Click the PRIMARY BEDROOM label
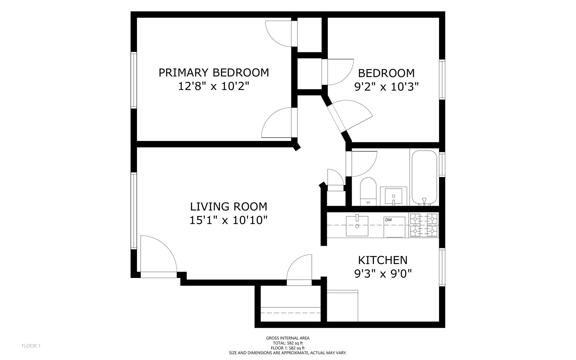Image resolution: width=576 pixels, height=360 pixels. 214,72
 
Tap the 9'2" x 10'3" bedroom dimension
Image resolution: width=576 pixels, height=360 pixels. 386,87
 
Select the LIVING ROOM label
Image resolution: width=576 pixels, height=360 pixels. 229,207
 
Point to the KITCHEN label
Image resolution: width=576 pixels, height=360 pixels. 382,260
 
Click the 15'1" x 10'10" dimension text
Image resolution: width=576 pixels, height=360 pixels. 229,220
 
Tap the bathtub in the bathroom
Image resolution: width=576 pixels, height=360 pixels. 424,178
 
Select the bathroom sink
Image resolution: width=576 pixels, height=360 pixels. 393,196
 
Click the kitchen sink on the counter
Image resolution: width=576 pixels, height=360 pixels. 357,226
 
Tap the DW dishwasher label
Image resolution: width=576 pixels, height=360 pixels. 388,220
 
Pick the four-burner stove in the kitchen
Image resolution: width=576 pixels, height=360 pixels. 424,225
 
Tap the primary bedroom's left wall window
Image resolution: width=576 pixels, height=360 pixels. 134,80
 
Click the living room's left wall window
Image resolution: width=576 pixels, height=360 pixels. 134,210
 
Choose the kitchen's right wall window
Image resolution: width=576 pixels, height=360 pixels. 442,267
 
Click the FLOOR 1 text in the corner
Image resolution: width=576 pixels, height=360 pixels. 31,346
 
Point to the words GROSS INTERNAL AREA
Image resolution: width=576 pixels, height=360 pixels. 288,338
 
